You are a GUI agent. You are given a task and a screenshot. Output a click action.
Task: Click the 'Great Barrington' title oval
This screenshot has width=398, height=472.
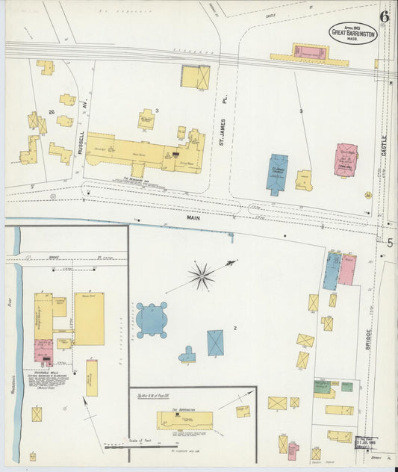point(353,33)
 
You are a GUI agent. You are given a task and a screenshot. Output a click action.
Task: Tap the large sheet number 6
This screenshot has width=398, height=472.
point(385,16)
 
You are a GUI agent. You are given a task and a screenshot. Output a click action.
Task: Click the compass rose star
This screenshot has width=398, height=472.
point(201,276)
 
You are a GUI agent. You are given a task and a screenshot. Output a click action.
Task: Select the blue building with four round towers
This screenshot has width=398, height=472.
point(152,320)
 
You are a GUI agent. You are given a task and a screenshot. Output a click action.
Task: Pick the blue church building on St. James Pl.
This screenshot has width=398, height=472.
point(277,173)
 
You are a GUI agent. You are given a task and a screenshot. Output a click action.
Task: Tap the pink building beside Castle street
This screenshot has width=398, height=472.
point(345,160)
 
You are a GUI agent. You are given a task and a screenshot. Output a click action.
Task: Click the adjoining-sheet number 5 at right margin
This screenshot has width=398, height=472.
point(389,242)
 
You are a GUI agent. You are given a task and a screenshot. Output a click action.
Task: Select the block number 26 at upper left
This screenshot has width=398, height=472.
point(52,112)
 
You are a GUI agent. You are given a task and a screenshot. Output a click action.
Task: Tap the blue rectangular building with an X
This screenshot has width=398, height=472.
point(215,342)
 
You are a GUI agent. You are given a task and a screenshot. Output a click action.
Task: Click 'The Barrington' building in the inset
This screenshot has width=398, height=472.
point(184,420)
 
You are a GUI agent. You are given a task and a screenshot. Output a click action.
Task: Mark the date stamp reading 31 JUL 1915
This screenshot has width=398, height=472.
point(367,442)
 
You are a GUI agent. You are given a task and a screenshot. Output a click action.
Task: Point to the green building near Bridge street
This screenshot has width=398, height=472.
point(323,387)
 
